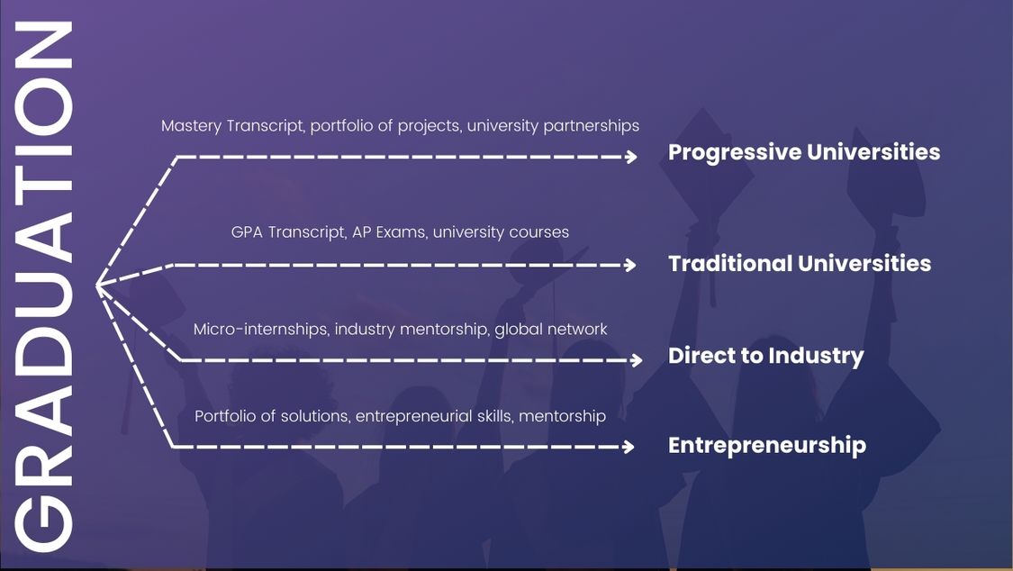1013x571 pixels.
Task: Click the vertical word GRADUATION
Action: [43, 286]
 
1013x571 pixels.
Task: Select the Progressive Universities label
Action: [804, 152]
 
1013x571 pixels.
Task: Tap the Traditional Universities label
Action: [800, 264]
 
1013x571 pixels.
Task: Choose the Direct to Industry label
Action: [765, 356]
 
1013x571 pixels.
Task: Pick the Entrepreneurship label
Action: [767, 446]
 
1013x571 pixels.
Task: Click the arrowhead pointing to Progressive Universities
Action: [631, 157]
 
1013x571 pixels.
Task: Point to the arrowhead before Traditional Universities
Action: [630, 265]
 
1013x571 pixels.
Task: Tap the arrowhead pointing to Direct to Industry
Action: [637, 360]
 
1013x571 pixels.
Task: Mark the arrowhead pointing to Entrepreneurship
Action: [629, 447]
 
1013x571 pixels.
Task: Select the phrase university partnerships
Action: [553, 126]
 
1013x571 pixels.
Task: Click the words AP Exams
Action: [390, 231]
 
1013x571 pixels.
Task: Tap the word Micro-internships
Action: [262, 330]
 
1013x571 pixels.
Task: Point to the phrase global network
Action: [551, 330]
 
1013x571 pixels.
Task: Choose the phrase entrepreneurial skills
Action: [434, 416]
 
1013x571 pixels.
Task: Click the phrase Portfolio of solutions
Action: [272, 416]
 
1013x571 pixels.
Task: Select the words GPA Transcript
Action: [289, 231]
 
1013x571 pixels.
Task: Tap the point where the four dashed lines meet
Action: [97, 285]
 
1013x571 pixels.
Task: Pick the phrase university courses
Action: [501, 231]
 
